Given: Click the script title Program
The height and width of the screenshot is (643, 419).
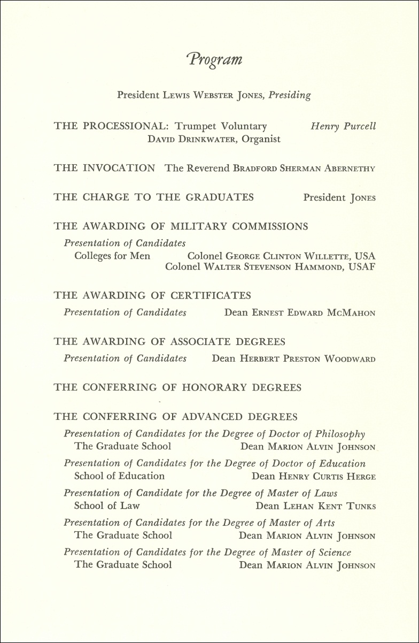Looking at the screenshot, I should pos(214,59).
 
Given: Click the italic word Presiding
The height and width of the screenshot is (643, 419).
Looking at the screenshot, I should pos(290,95).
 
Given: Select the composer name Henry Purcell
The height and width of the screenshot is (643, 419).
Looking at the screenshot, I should pos(343,126).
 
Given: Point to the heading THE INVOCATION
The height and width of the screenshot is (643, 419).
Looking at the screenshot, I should pos(104,168).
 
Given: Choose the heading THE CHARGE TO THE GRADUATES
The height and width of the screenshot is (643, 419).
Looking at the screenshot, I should pos(154,197).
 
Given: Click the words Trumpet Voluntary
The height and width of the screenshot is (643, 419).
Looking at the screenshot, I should pos(221,126).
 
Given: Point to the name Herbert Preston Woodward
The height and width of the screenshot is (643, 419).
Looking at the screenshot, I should pos(307,358).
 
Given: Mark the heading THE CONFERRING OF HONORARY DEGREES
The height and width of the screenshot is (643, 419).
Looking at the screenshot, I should pos(177,387).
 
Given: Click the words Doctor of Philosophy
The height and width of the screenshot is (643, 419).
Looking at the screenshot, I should pos(319,434).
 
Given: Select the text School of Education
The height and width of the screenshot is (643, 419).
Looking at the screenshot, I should pos(119,476).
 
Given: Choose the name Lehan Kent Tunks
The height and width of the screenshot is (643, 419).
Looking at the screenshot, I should pos(329,506).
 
